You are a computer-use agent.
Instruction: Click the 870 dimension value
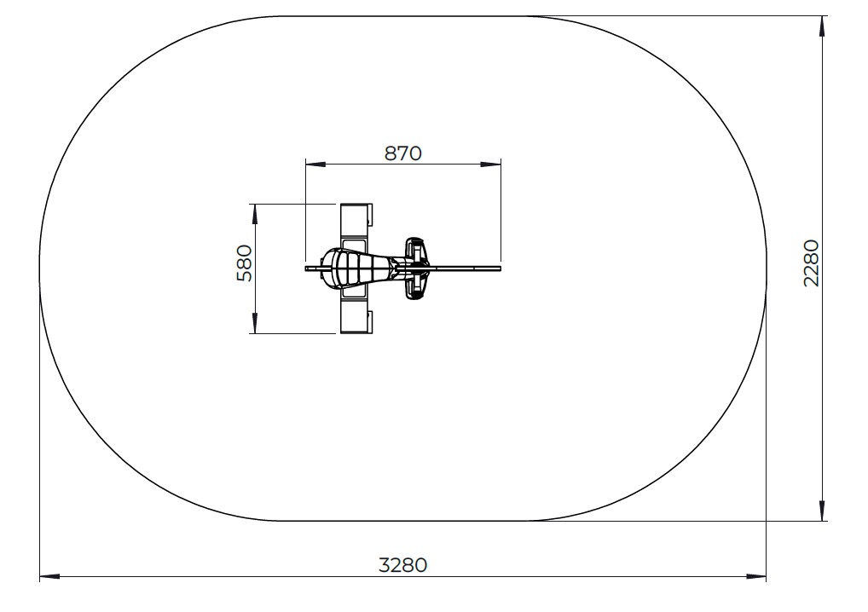[403, 153]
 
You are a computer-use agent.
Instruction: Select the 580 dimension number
[244, 263]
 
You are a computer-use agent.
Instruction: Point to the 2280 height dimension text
[811, 263]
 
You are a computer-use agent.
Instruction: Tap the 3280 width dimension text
[403, 565]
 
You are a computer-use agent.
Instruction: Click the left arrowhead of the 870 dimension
[315, 165]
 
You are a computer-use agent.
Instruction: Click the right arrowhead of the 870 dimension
[491, 165]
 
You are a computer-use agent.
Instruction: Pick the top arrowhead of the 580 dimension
[255, 214]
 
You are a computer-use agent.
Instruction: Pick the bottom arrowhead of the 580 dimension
[255, 323]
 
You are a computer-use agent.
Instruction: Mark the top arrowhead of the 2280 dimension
[823, 26]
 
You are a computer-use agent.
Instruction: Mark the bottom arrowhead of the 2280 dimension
[823, 511]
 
